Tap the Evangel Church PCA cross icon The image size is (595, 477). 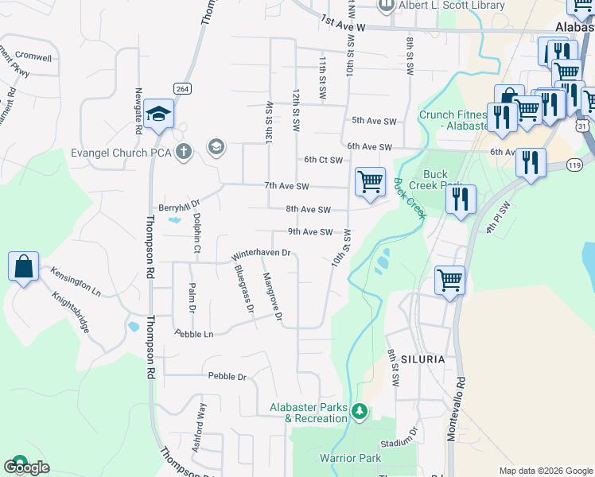point(184,152)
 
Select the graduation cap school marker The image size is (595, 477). point(159,114)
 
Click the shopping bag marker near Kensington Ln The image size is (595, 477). point(23,266)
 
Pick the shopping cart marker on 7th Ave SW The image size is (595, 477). point(370,182)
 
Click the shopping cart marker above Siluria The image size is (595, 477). point(449,281)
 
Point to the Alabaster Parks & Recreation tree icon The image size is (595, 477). point(360,411)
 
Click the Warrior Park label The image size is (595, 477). point(350,458)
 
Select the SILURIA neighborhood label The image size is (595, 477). point(422,359)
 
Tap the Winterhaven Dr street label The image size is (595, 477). point(262,255)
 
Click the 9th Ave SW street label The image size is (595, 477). point(309,232)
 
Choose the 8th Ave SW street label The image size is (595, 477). point(308,210)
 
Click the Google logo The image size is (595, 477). point(28,467)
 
